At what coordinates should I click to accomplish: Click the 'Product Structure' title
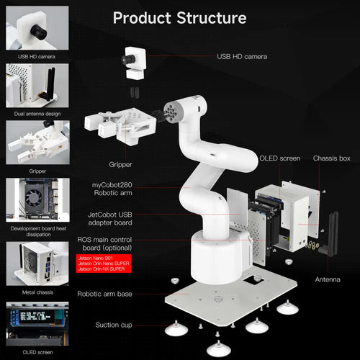point(179,17)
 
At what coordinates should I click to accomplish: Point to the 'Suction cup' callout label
point(113,325)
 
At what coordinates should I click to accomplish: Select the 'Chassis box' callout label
point(331,158)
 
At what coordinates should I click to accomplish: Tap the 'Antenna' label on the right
point(328,279)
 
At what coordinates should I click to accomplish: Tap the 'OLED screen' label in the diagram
point(280,158)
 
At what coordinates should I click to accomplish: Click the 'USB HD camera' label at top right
point(243,55)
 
